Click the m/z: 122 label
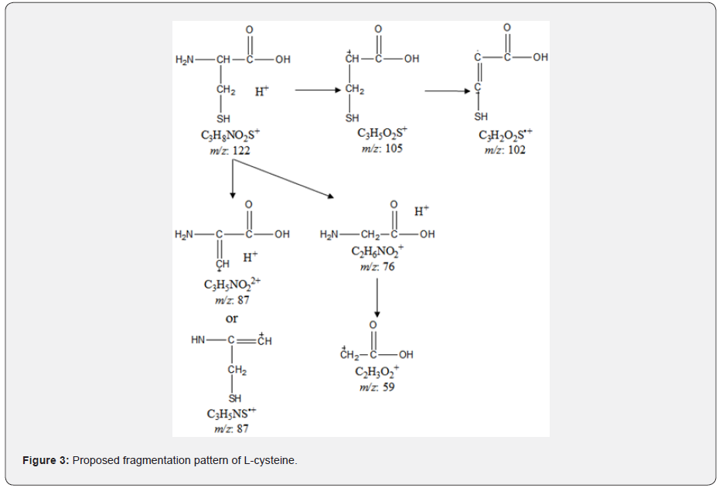click(230, 150)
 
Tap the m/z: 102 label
click(505, 149)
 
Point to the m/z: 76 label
click(377, 267)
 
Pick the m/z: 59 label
click(377, 387)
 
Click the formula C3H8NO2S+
click(230, 136)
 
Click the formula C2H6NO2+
click(377, 252)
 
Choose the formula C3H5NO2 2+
click(232, 285)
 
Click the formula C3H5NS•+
click(230, 414)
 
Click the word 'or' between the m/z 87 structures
click(231, 318)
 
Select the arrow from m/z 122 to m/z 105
click(317, 90)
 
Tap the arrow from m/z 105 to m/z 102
click(447, 90)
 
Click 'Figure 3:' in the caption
click(46, 461)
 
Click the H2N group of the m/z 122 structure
click(185, 59)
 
